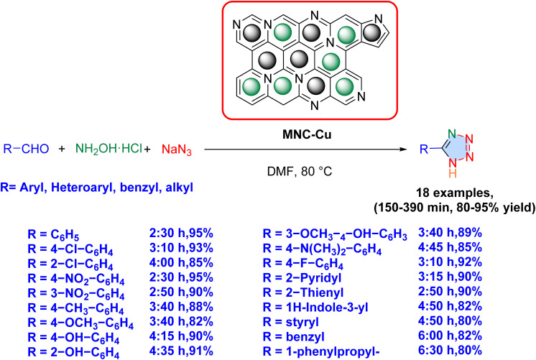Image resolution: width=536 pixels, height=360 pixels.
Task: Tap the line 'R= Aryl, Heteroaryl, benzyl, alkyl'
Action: click(x=95, y=186)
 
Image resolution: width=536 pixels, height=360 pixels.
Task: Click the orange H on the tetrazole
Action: click(x=453, y=174)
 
